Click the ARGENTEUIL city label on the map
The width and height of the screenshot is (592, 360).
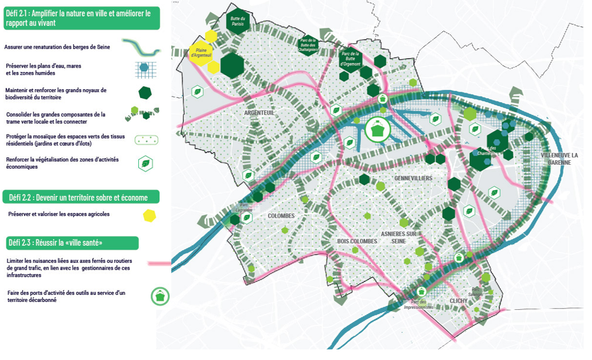click(260, 113)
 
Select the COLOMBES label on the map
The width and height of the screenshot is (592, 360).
click(281, 215)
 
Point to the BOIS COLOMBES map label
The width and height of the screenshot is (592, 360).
click(357, 241)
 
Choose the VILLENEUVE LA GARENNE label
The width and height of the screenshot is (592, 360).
click(560, 159)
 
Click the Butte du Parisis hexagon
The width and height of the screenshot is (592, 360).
click(238, 22)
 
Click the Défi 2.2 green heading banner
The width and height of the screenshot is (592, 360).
click(81, 197)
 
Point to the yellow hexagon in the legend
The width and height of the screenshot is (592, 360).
click(149, 215)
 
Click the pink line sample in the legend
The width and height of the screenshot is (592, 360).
click(159, 262)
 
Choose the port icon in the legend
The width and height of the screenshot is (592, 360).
click(160, 296)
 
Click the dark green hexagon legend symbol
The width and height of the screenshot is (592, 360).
click(145, 93)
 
